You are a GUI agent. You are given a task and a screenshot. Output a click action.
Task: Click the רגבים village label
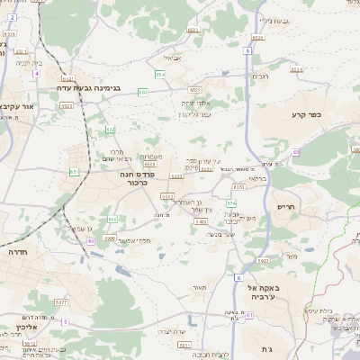point(260,76)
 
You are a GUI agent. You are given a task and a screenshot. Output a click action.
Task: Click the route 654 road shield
point(158,73)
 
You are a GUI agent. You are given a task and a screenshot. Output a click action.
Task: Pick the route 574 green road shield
point(230,204)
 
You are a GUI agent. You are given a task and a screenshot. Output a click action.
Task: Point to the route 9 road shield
point(64,321)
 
